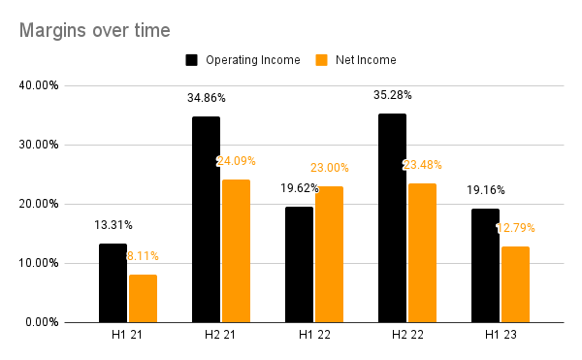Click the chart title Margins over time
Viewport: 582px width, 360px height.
pyautogui.click(x=95, y=30)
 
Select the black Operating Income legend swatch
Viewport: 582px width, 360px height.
pyautogui.click(x=192, y=60)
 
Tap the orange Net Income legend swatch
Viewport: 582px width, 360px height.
pyautogui.click(x=322, y=60)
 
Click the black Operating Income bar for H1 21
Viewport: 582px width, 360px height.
pyautogui.click(x=113, y=282)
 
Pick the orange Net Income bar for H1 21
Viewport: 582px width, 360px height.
pyautogui.click(x=143, y=298)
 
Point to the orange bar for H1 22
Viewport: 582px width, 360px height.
pyautogui.click(x=329, y=254)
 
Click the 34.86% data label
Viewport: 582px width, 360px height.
pyautogui.click(x=206, y=99)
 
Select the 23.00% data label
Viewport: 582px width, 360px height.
pyautogui.click(x=329, y=168)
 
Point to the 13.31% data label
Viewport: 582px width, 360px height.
pyautogui.click(x=113, y=225)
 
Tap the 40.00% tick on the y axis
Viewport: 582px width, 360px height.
pyautogui.click(x=40, y=85)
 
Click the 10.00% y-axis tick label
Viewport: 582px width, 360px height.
pyautogui.click(x=40, y=263)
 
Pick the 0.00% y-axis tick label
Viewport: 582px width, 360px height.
pyautogui.click(x=43, y=322)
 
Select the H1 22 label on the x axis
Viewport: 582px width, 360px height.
pyautogui.click(x=314, y=338)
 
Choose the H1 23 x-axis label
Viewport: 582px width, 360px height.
pyautogui.click(x=501, y=338)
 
